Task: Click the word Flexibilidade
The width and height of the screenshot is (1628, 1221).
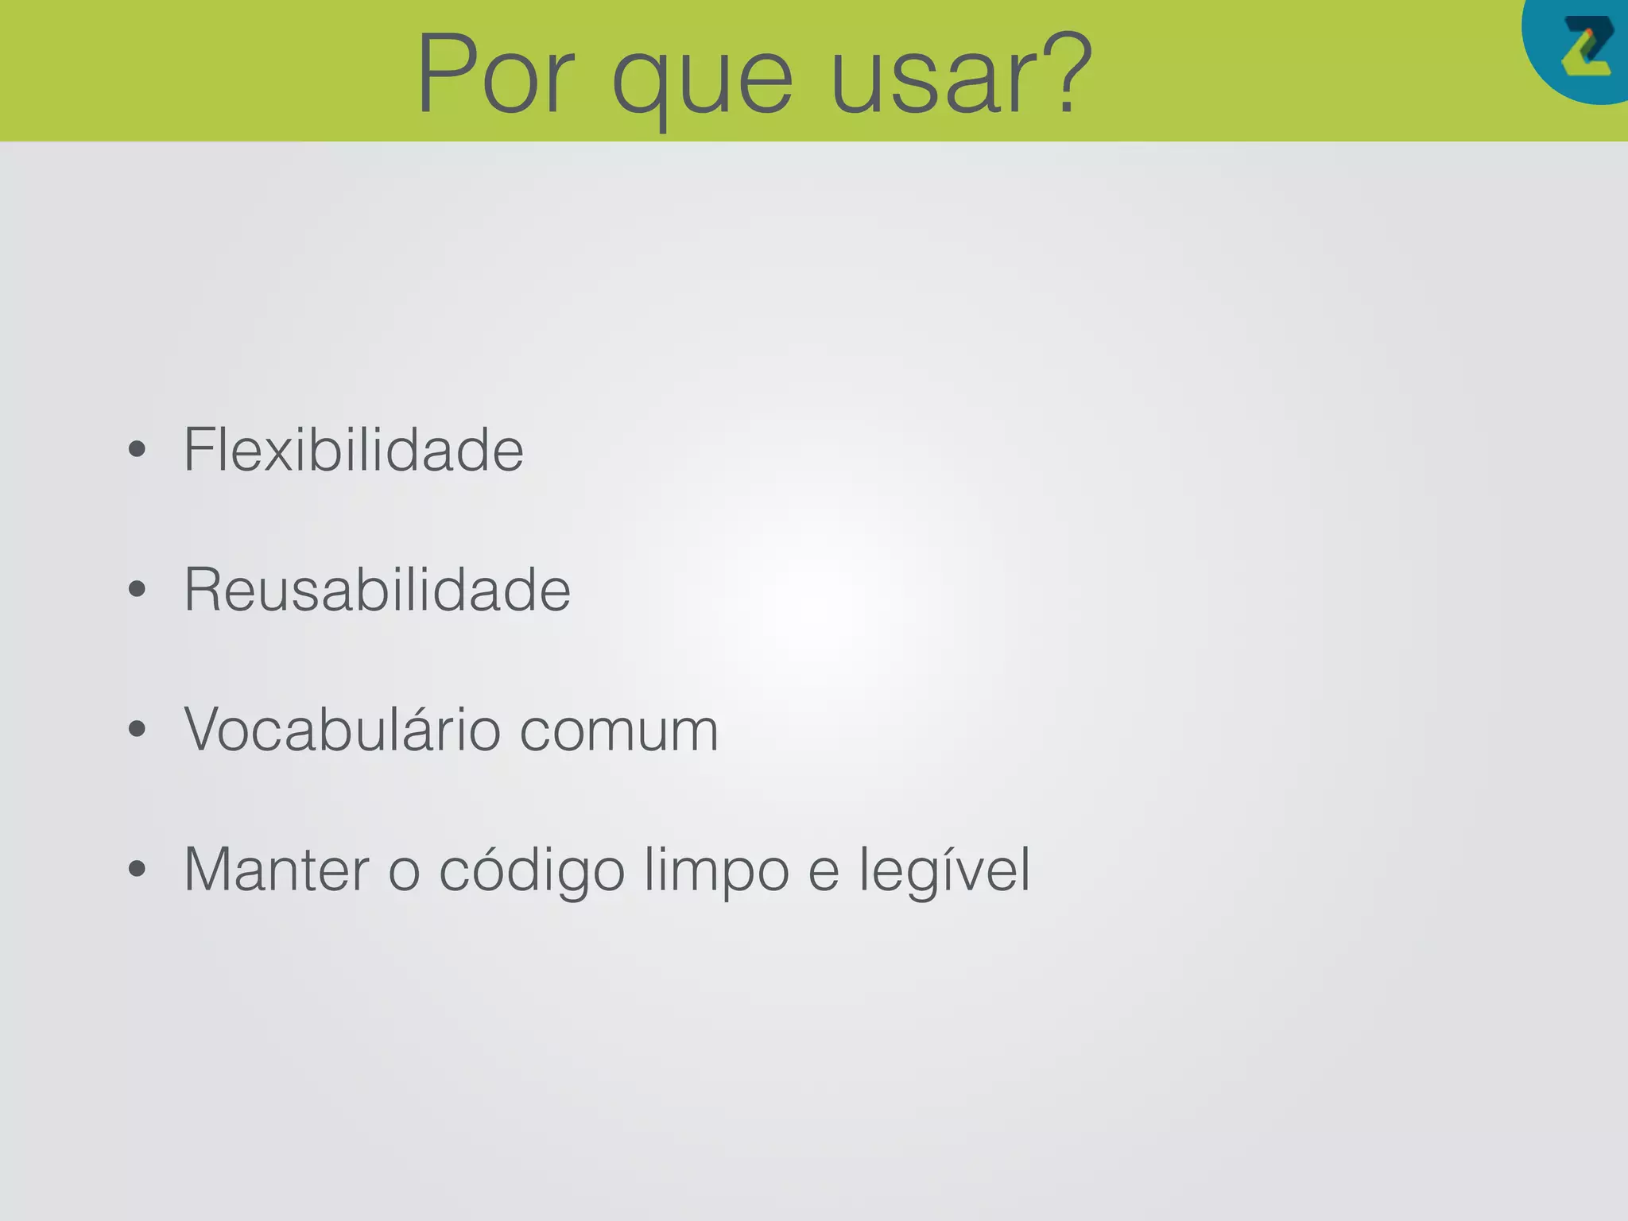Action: pos(354,450)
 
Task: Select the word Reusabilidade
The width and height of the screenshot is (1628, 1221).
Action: pos(378,590)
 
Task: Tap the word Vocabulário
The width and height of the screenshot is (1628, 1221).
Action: pos(343,730)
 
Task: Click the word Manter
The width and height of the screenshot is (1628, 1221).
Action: pos(277,870)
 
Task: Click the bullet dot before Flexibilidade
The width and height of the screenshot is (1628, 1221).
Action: pos(137,450)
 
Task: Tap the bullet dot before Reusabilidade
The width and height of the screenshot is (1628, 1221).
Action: pos(137,590)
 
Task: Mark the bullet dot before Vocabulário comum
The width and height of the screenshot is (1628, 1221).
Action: pos(137,730)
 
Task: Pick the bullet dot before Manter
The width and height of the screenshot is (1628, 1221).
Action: pos(137,870)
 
